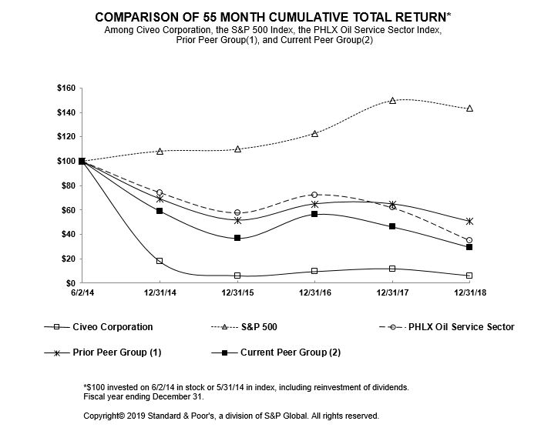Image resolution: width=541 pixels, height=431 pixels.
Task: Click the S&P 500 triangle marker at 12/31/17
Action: click(392, 100)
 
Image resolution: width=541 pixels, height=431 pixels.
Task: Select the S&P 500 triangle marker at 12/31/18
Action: click(470, 109)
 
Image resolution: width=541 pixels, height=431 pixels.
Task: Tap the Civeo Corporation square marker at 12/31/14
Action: click(160, 261)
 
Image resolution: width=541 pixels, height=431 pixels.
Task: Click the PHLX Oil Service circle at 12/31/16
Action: click(314, 195)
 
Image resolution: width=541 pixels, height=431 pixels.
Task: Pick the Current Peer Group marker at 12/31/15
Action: click(237, 238)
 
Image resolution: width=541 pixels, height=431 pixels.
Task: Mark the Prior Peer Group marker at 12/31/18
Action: click(470, 221)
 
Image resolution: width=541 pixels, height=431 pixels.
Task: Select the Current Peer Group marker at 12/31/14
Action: click(160, 210)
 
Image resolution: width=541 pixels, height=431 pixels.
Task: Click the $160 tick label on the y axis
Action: click(66, 89)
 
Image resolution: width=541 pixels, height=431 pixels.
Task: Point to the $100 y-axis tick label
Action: click(66, 161)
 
